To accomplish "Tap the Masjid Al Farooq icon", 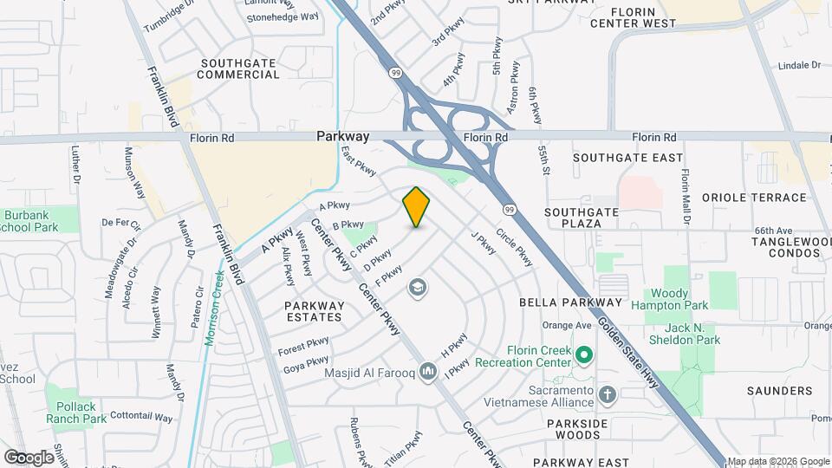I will [x=427, y=373].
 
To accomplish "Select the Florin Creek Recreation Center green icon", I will [x=584, y=354].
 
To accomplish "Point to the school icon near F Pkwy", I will [x=418, y=288].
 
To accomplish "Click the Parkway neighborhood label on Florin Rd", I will [x=342, y=136].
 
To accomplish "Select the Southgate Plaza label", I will [x=582, y=218].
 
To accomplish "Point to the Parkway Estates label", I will [x=315, y=312].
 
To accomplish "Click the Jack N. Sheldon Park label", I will [x=692, y=334].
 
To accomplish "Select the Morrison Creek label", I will [x=214, y=304].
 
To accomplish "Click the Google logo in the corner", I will [x=29, y=457].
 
